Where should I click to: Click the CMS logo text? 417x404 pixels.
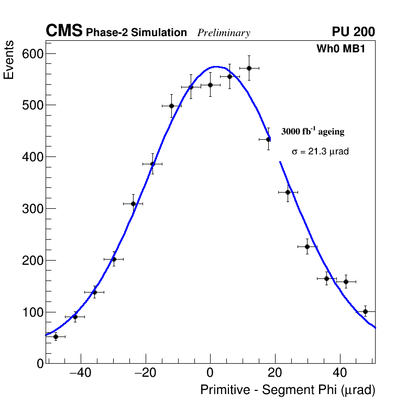click(x=64, y=31)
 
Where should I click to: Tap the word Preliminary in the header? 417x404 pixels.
click(x=224, y=33)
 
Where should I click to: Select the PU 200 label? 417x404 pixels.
click(x=353, y=32)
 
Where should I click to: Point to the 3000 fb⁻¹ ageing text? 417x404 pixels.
click(x=313, y=131)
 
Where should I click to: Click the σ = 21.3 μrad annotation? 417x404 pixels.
click(x=320, y=151)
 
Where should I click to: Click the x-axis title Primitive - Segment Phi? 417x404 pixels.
click(x=288, y=390)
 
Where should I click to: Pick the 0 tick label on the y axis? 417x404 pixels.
click(x=40, y=364)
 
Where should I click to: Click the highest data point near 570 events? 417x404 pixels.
click(x=249, y=68)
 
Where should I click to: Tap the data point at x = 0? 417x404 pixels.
click(x=210, y=85)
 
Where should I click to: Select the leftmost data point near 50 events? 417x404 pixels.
click(x=56, y=336)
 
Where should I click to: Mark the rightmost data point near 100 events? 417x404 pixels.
click(x=365, y=311)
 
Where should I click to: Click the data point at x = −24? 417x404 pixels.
click(x=133, y=204)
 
